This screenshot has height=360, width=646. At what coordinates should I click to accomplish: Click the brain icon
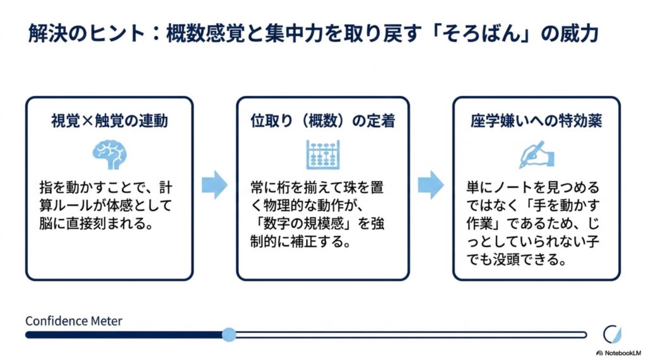click(x=109, y=154)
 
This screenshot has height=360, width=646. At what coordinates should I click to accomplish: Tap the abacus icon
click(x=323, y=154)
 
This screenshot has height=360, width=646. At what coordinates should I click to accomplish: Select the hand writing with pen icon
click(x=536, y=154)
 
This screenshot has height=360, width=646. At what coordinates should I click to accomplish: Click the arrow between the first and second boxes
click(x=214, y=185)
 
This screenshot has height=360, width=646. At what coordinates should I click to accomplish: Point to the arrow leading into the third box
click(x=431, y=185)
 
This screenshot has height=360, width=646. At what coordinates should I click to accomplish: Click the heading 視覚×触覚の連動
click(x=110, y=121)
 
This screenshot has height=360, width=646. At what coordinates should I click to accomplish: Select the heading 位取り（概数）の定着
click(x=323, y=121)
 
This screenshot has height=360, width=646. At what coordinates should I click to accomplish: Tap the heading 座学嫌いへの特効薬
click(x=536, y=121)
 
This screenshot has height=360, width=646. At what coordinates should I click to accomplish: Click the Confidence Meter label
click(x=74, y=321)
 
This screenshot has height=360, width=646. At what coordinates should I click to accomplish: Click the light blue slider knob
click(x=229, y=334)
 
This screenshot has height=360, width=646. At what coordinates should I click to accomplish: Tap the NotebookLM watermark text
click(x=623, y=353)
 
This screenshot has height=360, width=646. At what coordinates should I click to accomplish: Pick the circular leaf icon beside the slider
click(x=612, y=334)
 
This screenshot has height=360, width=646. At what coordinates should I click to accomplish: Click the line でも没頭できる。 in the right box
click(x=516, y=260)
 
